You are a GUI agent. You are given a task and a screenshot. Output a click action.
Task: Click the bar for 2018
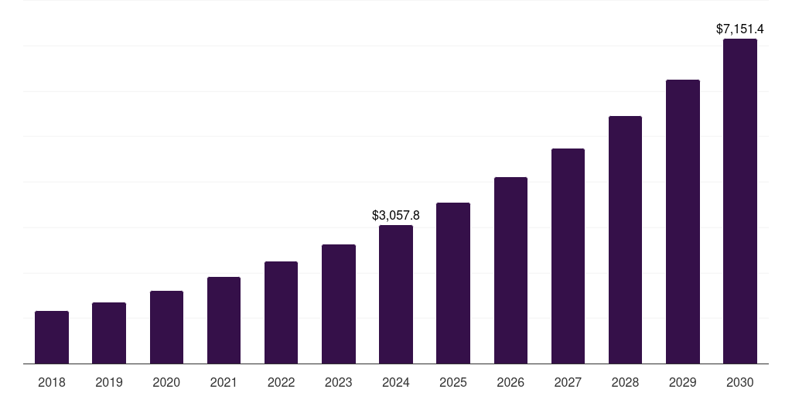tap(52, 337)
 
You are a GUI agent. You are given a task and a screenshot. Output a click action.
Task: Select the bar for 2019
tap(109, 333)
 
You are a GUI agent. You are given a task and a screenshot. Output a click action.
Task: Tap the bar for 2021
tap(224, 320)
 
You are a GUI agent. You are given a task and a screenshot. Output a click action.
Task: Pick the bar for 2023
tap(339, 304)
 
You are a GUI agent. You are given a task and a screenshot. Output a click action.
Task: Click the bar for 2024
tap(396, 294)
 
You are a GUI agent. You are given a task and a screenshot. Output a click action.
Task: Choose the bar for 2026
tap(510, 270)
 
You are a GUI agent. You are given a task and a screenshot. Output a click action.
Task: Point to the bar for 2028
tap(625, 240)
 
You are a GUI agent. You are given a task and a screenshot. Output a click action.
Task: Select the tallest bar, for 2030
tap(740, 201)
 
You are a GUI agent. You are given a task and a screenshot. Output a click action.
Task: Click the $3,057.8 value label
tap(396, 215)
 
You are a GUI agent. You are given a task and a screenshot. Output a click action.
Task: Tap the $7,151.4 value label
tap(740, 29)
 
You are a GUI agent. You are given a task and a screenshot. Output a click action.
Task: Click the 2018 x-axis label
tap(52, 382)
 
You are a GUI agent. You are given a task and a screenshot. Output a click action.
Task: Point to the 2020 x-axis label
tap(166, 382)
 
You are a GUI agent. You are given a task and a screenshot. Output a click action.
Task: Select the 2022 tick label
tap(281, 382)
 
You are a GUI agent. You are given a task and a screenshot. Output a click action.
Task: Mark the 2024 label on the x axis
tap(396, 382)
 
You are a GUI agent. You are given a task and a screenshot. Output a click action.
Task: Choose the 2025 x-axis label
tap(453, 382)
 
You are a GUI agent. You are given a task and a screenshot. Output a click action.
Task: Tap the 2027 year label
tap(568, 382)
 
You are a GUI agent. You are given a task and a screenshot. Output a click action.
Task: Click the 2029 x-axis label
tap(682, 382)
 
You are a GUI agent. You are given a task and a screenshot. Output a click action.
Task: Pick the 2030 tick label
tap(740, 382)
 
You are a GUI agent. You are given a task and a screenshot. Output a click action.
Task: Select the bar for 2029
tap(682, 221)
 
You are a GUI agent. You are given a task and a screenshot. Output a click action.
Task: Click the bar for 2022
tap(281, 312)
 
